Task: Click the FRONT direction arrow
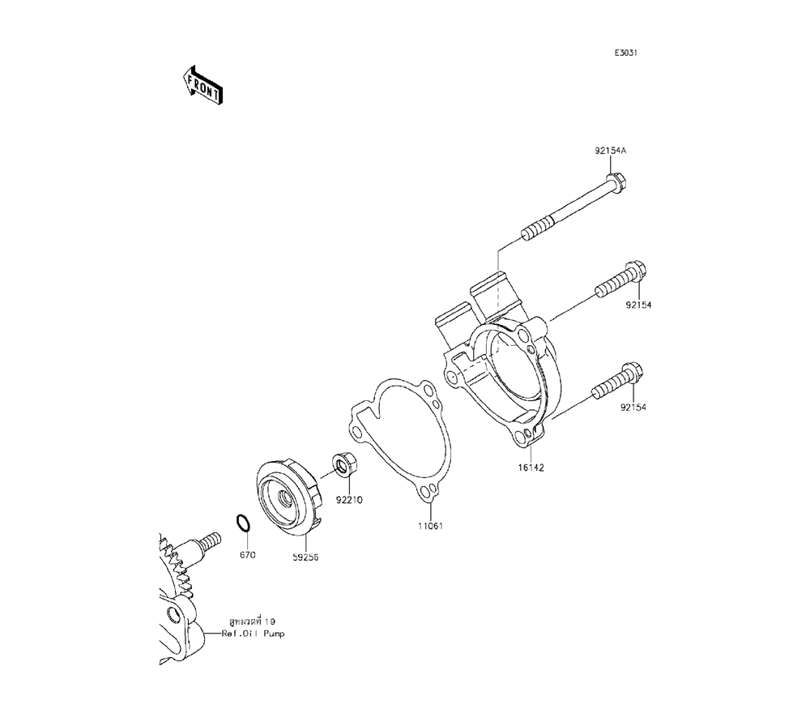point(202,85)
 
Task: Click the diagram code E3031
point(625,53)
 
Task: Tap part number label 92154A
point(610,151)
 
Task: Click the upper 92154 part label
point(638,305)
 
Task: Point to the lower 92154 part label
point(633,407)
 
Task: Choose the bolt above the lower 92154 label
point(616,382)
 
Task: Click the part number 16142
point(531,468)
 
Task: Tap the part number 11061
point(431,527)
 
